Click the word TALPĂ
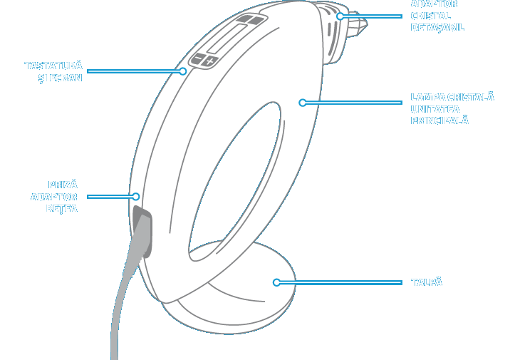[x=427, y=282]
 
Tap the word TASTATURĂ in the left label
[x=53, y=66]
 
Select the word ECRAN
[x=66, y=78]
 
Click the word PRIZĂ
[x=63, y=185]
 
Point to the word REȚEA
[x=61, y=209]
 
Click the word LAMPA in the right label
[x=427, y=97]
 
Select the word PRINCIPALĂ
[x=439, y=121]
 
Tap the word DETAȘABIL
[x=437, y=28]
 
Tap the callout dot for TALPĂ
[x=276, y=282]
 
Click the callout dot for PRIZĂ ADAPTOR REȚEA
[x=135, y=196]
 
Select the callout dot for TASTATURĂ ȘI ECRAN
[x=183, y=71]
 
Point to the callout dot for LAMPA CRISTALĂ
[x=302, y=103]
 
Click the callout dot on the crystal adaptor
[x=340, y=16]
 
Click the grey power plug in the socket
[x=142, y=228]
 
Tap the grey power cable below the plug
[x=121, y=314]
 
